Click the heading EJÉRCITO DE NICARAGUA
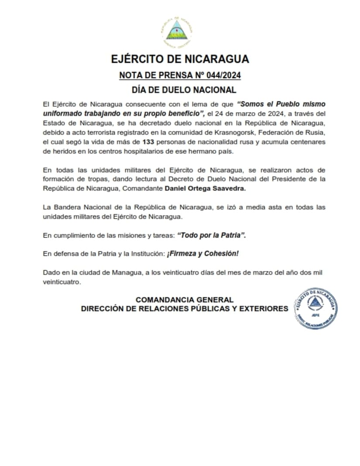click(180, 59)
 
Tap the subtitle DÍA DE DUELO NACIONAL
click(184, 90)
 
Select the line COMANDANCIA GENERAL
click(185, 300)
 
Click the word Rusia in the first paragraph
click(316, 132)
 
